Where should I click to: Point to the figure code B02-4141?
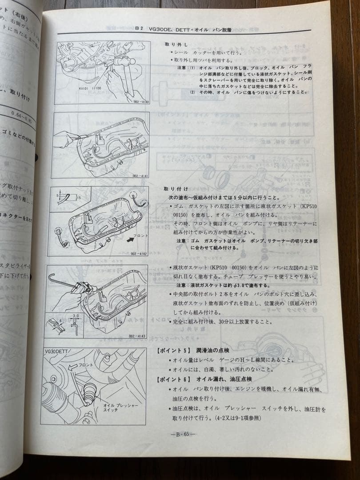[x=138, y=176]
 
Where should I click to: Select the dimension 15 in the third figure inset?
[x=79, y=196]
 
